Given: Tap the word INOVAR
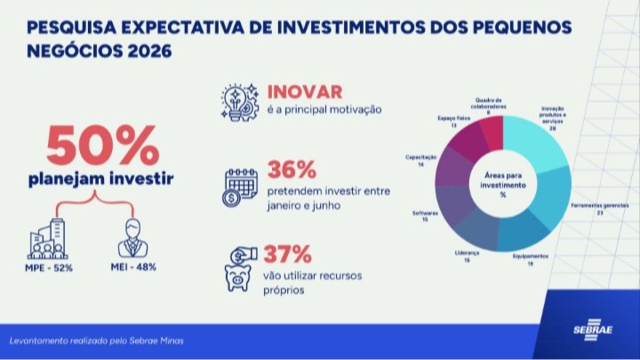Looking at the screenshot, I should click(x=303, y=92).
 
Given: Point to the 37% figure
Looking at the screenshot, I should click(x=291, y=257).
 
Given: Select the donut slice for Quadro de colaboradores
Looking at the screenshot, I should click(x=492, y=131).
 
